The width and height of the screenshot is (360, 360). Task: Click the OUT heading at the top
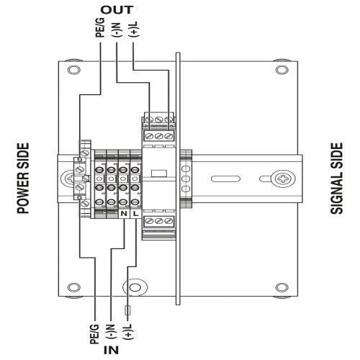[x=117, y=10]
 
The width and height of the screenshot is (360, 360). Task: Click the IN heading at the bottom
[x=111, y=350]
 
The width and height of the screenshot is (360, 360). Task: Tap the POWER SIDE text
[x=23, y=179]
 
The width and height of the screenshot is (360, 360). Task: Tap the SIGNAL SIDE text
[x=336, y=179]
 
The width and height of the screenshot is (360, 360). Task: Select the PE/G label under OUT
[x=100, y=27]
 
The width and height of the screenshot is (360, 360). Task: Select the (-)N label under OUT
[x=117, y=30]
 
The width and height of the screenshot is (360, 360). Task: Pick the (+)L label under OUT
[x=133, y=30]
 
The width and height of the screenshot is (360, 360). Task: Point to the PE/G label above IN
[x=94, y=334]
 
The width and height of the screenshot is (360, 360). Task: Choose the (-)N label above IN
[x=111, y=331]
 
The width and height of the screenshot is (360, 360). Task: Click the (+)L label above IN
[x=127, y=332]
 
